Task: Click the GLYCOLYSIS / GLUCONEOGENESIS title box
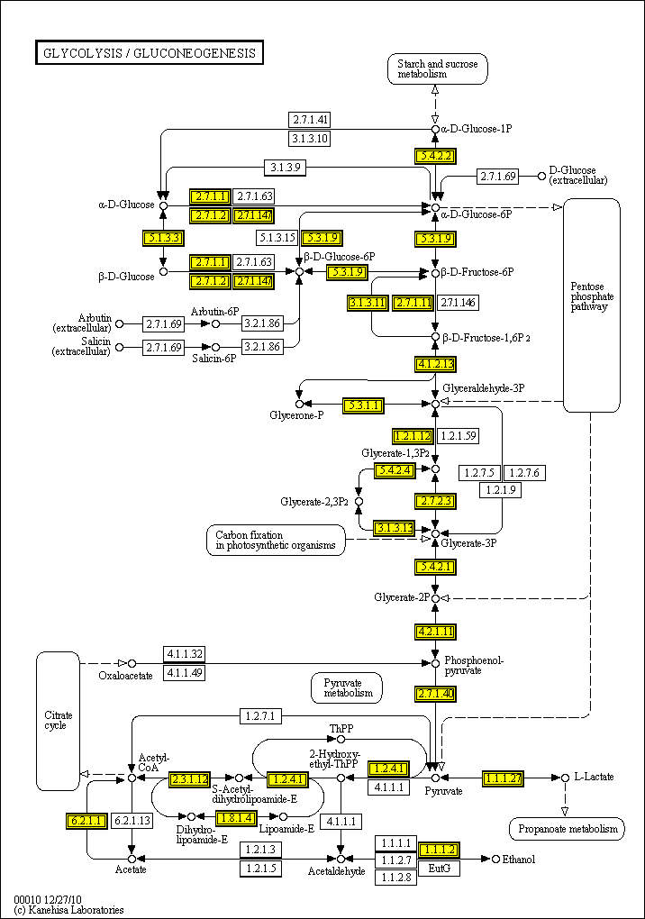click(149, 53)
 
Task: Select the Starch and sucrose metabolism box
click(437, 69)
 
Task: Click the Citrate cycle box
click(57, 718)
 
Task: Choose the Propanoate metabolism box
click(567, 829)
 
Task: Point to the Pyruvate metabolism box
click(347, 687)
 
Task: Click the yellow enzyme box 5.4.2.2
click(435, 155)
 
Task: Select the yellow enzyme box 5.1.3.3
click(163, 238)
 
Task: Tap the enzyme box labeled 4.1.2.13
click(435, 364)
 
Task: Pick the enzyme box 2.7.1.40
click(435, 693)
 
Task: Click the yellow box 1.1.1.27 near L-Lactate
click(503, 778)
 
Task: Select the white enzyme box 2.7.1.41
click(309, 120)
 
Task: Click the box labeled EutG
click(440, 868)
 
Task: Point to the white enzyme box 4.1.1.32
click(184, 654)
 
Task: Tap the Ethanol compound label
click(519, 860)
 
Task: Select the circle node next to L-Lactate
click(566, 777)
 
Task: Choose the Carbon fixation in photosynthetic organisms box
click(275, 540)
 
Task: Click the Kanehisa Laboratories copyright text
click(68, 910)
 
